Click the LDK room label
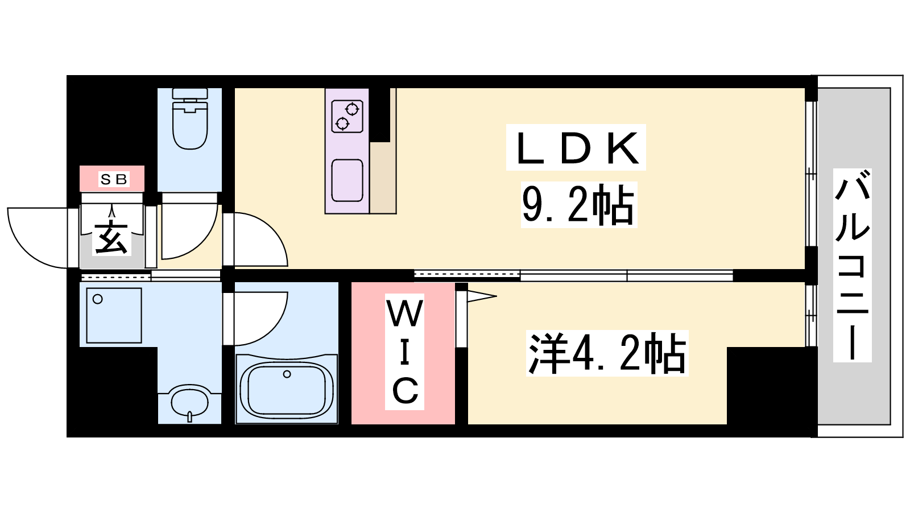tap(576, 147)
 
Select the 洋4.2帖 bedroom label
tap(607, 353)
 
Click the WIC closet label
tap(404, 352)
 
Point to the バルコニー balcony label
tap(852, 265)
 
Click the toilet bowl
tap(190, 125)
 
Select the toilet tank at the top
tap(190, 93)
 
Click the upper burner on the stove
tap(352, 109)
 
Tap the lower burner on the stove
tap(342, 123)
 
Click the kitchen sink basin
tap(347, 180)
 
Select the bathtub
tap(287, 389)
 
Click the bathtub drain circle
tap(287, 374)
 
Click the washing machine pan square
tap(114, 315)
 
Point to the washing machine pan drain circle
tap(97, 299)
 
